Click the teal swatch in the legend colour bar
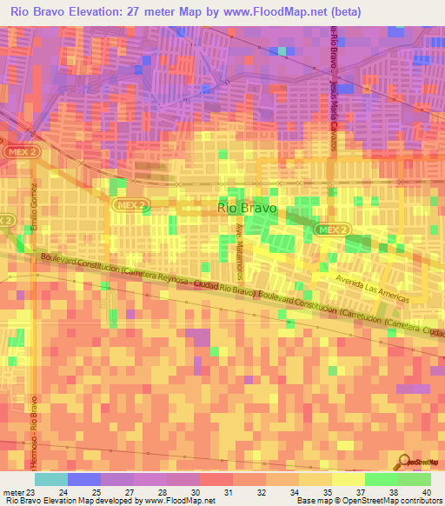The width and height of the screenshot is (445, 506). click(51, 478)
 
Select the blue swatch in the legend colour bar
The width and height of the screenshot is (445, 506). click(84, 478)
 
